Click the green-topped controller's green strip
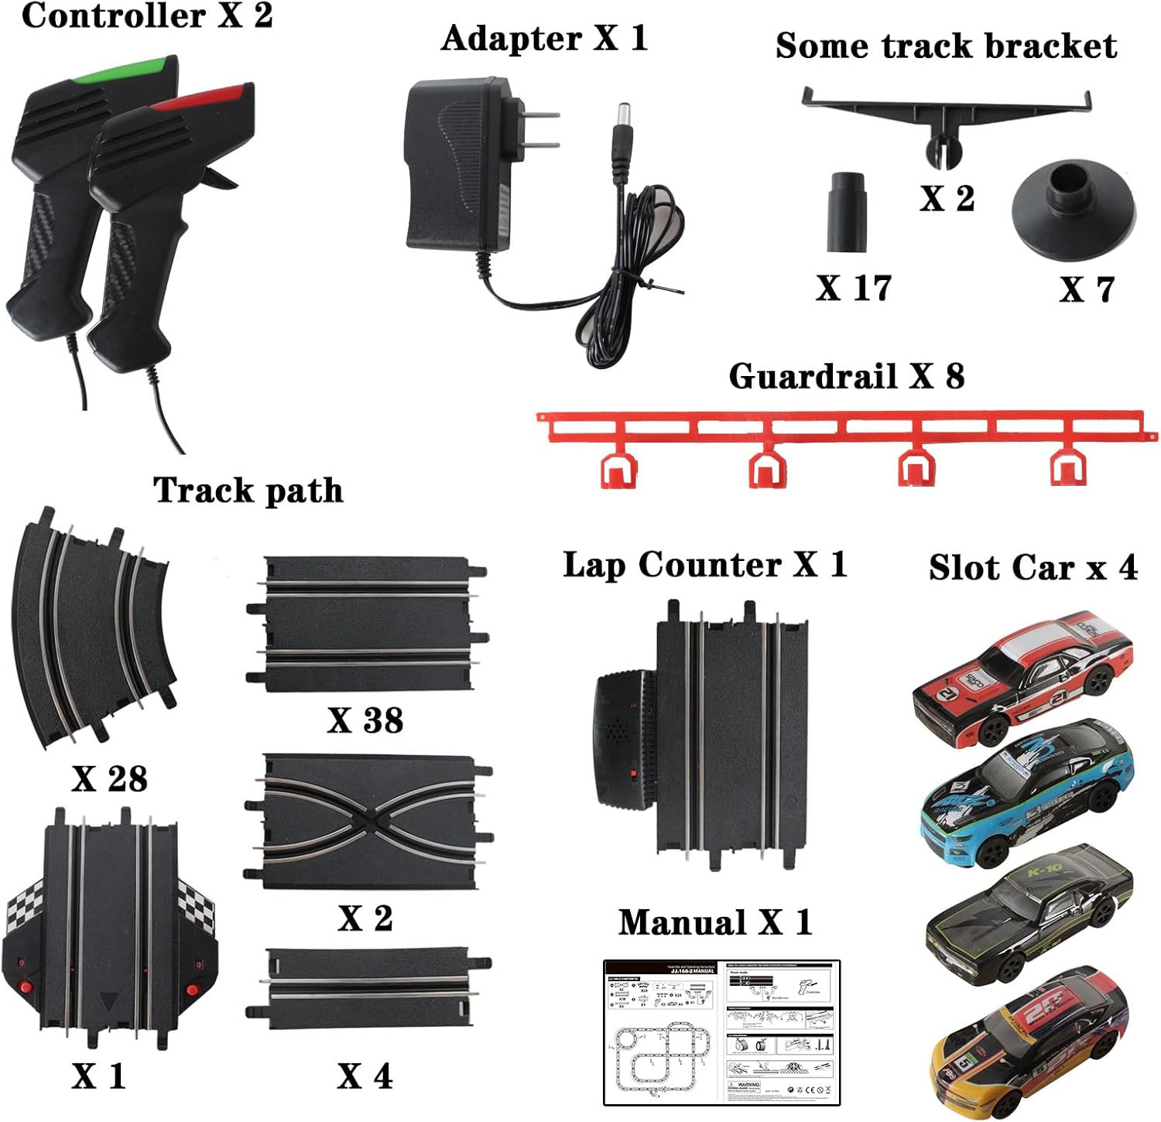124,70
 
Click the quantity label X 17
853,288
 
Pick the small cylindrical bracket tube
847,211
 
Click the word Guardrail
813,377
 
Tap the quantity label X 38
365,720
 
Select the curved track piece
93,627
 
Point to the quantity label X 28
109,778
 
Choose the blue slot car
1026,791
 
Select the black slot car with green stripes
1029,913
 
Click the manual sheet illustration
721,1033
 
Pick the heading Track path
248,491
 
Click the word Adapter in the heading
511,39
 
